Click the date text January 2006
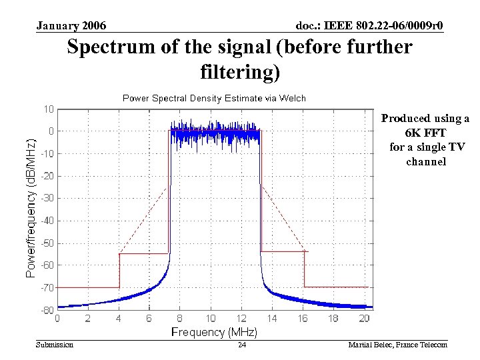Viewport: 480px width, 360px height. (71, 26)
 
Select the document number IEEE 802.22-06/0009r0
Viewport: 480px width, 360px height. (370, 26)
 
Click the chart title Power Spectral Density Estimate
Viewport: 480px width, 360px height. (214, 98)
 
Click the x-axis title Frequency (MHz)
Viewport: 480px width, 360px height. (214, 331)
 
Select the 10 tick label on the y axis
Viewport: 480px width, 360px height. (49, 109)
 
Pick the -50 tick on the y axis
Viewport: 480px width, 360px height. (47, 243)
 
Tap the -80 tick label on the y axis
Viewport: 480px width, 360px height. (47, 310)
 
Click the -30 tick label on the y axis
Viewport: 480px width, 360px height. (47, 198)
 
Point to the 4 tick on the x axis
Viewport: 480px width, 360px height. (118, 319)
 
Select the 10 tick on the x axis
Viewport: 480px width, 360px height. (210, 319)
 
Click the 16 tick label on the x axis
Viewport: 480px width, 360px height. (303, 319)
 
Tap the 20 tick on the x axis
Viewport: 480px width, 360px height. (364, 319)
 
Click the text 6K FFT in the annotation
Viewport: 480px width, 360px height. (425, 133)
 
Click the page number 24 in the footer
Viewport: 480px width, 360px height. (242, 345)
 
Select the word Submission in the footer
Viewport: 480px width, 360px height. (55, 345)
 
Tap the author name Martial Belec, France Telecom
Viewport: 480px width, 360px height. (397, 345)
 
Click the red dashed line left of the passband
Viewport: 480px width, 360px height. (143, 220)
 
